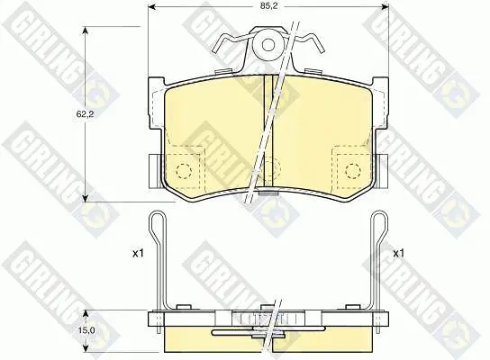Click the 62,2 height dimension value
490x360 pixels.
pos(85,114)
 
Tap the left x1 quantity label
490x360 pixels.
pos(138,253)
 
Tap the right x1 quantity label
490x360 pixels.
pos(398,253)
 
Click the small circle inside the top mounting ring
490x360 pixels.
pos(268,45)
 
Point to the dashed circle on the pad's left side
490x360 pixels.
pos(184,171)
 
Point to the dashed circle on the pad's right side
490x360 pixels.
pos(353,171)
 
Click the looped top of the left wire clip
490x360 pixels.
pos(158,215)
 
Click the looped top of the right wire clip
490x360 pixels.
pos(379,215)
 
